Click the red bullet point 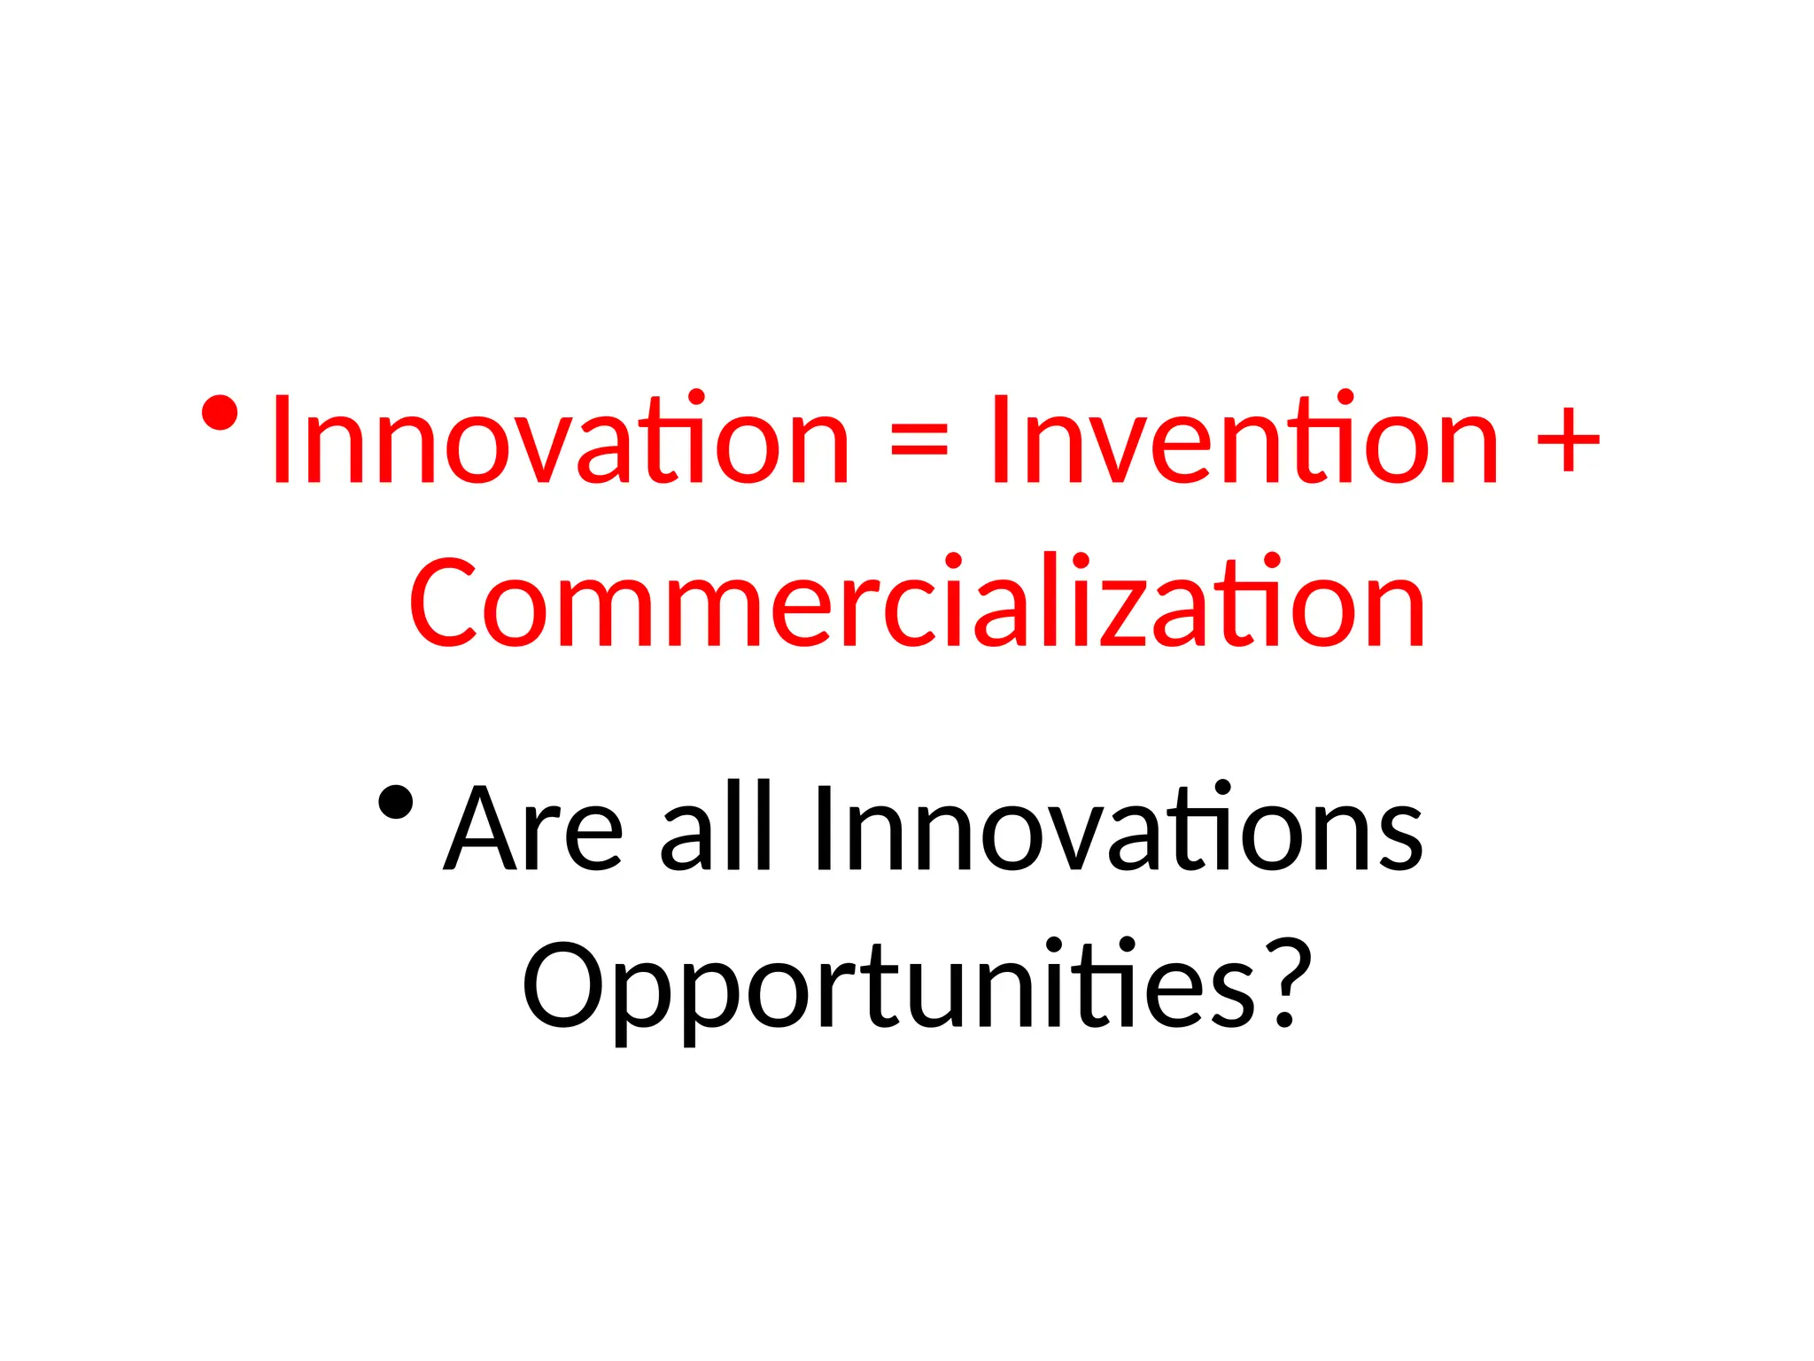(x=219, y=413)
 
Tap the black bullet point (x=395, y=803)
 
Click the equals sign (x=919, y=439)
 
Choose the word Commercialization (x=917, y=601)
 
